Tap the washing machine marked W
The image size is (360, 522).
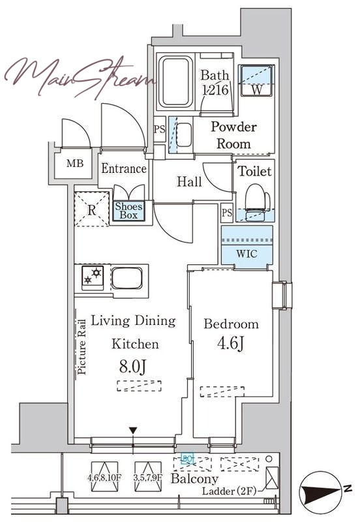[x=257, y=80]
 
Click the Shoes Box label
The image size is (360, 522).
[x=128, y=211]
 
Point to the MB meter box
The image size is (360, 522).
[x=75, y=164]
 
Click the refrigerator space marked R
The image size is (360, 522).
[x=91, y=209]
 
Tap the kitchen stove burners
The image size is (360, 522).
[x=93, y=277]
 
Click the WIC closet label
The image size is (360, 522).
[x=247, y=254]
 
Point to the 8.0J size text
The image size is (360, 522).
[x=132, y=367]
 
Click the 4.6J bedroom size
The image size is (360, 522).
[x=231, y=343]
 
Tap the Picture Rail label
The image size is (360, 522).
[x=82, y=347]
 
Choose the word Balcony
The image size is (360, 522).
[x=194, y=479]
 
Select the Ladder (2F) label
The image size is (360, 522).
[x=230, y=491]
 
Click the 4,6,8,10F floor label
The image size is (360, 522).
[x=104, y=478]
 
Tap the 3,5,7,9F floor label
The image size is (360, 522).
[x=148, y=478]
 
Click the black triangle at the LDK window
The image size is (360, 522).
[x=133, y=430]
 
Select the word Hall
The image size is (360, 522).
[x=189, y=182]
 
